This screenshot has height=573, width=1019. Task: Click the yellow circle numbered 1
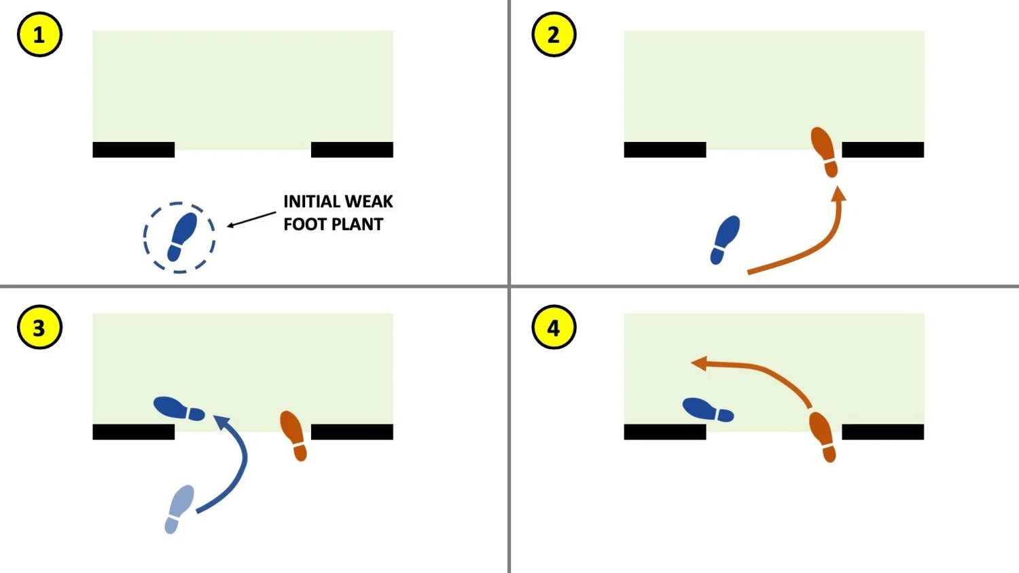39,35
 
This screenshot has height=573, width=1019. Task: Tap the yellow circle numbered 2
554,35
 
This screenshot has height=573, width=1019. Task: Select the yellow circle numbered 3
39,327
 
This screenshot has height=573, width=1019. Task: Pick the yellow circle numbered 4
554,327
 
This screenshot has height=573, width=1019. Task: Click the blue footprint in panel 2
725,240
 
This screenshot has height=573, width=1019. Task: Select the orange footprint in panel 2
825,151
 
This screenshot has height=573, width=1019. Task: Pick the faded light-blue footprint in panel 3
179,509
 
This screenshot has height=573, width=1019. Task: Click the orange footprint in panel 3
293,435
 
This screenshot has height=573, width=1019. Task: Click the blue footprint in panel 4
707,410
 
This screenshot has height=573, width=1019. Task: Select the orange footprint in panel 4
822,437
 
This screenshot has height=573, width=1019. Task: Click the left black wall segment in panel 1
134,149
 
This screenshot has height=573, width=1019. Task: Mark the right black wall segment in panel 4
882,432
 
